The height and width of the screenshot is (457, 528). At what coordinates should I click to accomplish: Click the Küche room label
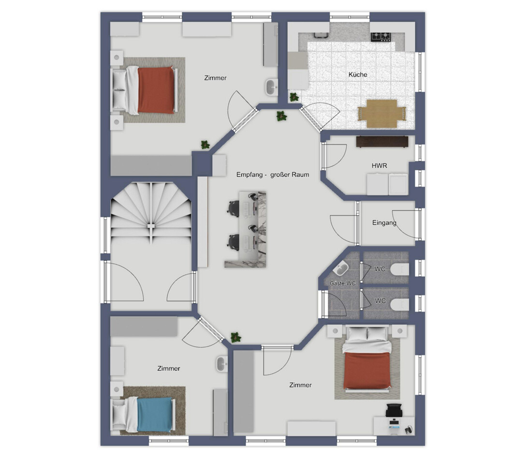click(x=358, y=74)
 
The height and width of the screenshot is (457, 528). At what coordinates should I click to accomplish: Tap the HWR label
click(x=379, y=166)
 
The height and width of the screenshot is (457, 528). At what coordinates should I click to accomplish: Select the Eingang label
click(x=384, y=222)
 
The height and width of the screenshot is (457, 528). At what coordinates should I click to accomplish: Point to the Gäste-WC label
click(x=342, y=283)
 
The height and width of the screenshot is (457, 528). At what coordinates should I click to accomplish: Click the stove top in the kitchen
click(x=381, y=37)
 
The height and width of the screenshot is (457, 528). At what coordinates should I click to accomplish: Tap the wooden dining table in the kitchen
click(x=382, y=114)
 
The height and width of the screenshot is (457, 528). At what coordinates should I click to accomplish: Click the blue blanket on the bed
click(x=155, y=414)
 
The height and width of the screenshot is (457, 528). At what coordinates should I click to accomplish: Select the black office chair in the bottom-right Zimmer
click(x=394, y=410)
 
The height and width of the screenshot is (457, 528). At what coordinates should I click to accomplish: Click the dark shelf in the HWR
click(x=382, y=141)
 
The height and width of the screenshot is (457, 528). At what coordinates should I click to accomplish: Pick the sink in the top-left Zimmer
click(x=271, y=87)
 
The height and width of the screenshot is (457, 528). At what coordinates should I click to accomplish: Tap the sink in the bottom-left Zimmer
click(x=221, y=364)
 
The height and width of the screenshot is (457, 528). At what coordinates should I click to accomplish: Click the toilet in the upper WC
click(x=401, y=269)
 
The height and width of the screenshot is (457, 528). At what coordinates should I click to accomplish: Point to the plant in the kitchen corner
click(x=294, y=97)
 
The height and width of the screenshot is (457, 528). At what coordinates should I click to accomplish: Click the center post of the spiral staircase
click(x=151, y=226)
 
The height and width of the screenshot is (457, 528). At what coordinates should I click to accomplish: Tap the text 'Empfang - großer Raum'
click(x=272, y=175)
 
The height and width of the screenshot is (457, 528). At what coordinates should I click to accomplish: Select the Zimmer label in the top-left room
click(x=215, y=78)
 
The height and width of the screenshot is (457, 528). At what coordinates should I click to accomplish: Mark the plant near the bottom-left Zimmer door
click(x=236, y=338)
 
